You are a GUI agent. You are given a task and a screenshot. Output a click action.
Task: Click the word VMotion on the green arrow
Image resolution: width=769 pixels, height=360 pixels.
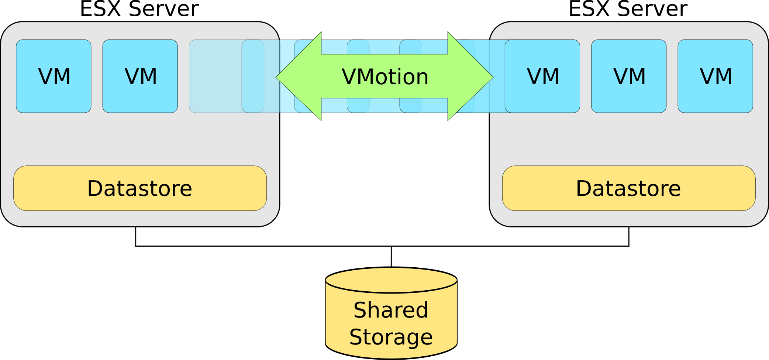click(385, 77)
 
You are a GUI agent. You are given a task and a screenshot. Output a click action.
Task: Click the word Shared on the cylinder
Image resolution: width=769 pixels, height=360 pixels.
click(391, 310)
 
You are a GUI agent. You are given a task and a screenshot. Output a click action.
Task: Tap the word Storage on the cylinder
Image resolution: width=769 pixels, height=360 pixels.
click(391, 337)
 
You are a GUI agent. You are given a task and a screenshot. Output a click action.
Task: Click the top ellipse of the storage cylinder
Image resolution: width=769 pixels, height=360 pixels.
click(391, 280)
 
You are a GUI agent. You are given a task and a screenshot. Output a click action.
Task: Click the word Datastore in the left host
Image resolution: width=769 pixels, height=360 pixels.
click(139, 188)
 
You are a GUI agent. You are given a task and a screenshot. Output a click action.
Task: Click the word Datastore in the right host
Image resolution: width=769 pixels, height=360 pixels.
click(628, 188)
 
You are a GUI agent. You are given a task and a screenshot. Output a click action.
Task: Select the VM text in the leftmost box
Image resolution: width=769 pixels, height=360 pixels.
click(54, 76)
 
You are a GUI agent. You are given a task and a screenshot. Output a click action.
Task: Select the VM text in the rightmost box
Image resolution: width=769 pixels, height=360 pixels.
click(716, 76)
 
